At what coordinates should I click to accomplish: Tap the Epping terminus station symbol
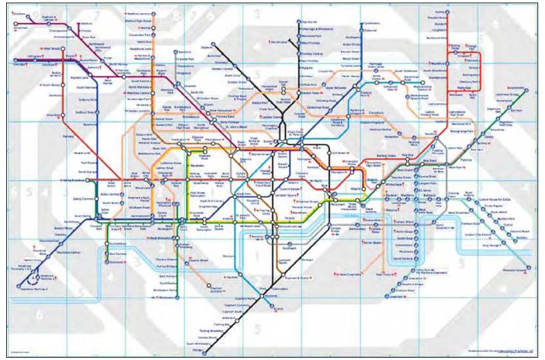(x=447, y=12)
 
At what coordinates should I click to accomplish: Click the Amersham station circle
(x=16, y=24)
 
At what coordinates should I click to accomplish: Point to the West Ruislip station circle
(x=63, y=49)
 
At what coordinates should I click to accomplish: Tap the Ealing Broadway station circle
(x=87, y=180)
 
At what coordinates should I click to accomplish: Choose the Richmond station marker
(x=107, y=262)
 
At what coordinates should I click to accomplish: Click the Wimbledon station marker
(x=177, y=297)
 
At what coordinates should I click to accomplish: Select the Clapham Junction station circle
(x=209, y=286)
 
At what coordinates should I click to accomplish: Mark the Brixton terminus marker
(x=272, y=306)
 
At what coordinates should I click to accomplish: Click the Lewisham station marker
(x=386, y=297)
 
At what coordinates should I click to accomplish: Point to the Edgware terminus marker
(x=213, y=44)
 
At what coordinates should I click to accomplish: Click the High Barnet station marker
(x=299, y=22)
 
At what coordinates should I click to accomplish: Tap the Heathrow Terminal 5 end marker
(x=19, y=286)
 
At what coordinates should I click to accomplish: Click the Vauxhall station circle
(x=241, y=275)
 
